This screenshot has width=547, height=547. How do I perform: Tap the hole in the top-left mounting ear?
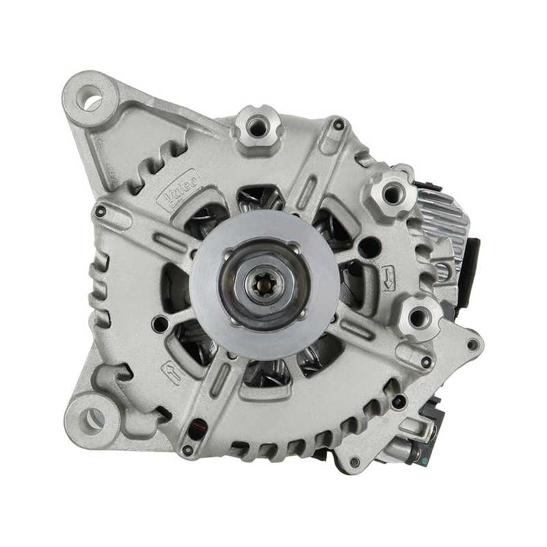coord(91,98)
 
